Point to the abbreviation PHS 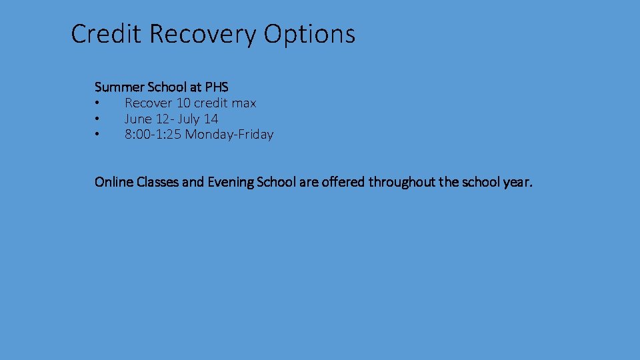click(217, 87)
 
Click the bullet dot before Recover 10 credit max click(97, 103)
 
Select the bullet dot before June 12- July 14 click(97, 119)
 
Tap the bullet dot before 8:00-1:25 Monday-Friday click(97, 135)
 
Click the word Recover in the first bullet click(149, 103)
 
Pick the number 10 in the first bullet click(183, 103)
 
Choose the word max click(243, 103)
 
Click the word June click(138, 119)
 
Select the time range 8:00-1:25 click(153, 135)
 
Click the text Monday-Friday click(229, 135)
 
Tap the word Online click(114, 182)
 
